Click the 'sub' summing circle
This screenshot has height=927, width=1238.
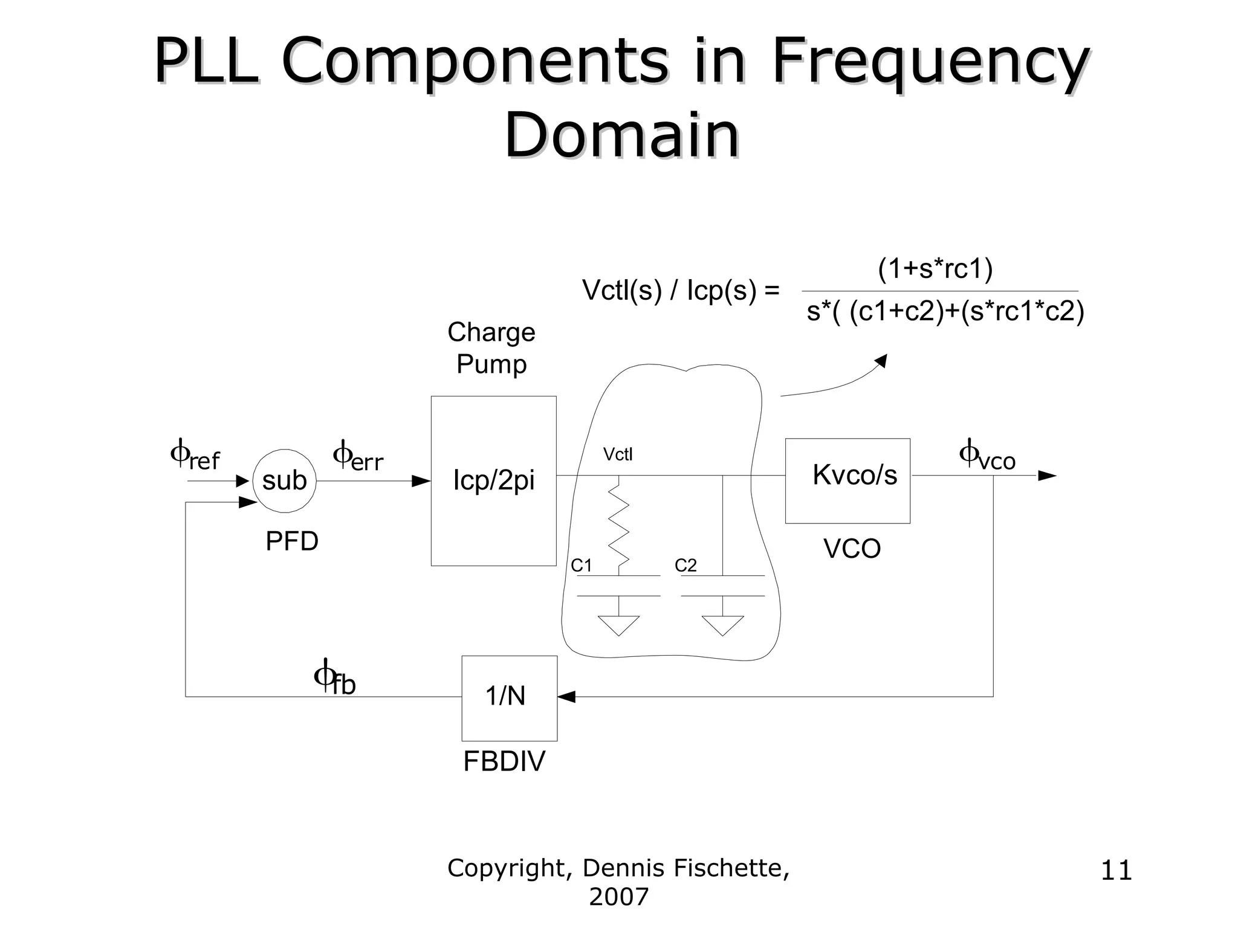284,481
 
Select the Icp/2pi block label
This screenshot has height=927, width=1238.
494,480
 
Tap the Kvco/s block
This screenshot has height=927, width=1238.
847,480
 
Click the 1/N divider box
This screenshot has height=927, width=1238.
509,697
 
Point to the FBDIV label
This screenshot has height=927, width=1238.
504,761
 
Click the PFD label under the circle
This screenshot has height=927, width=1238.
292,541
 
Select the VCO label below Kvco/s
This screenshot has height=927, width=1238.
852,549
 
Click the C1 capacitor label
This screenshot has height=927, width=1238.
582,566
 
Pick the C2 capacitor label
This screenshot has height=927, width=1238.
685,566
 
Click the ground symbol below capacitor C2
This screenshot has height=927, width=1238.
722,625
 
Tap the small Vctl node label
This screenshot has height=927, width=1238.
618,454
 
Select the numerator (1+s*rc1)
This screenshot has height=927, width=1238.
935,269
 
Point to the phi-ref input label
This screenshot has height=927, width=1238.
195,457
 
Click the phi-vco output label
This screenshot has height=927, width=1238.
987,456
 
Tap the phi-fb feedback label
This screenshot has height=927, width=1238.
335,679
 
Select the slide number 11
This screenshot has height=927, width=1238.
1116,871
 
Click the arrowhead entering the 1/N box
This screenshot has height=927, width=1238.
566,697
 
